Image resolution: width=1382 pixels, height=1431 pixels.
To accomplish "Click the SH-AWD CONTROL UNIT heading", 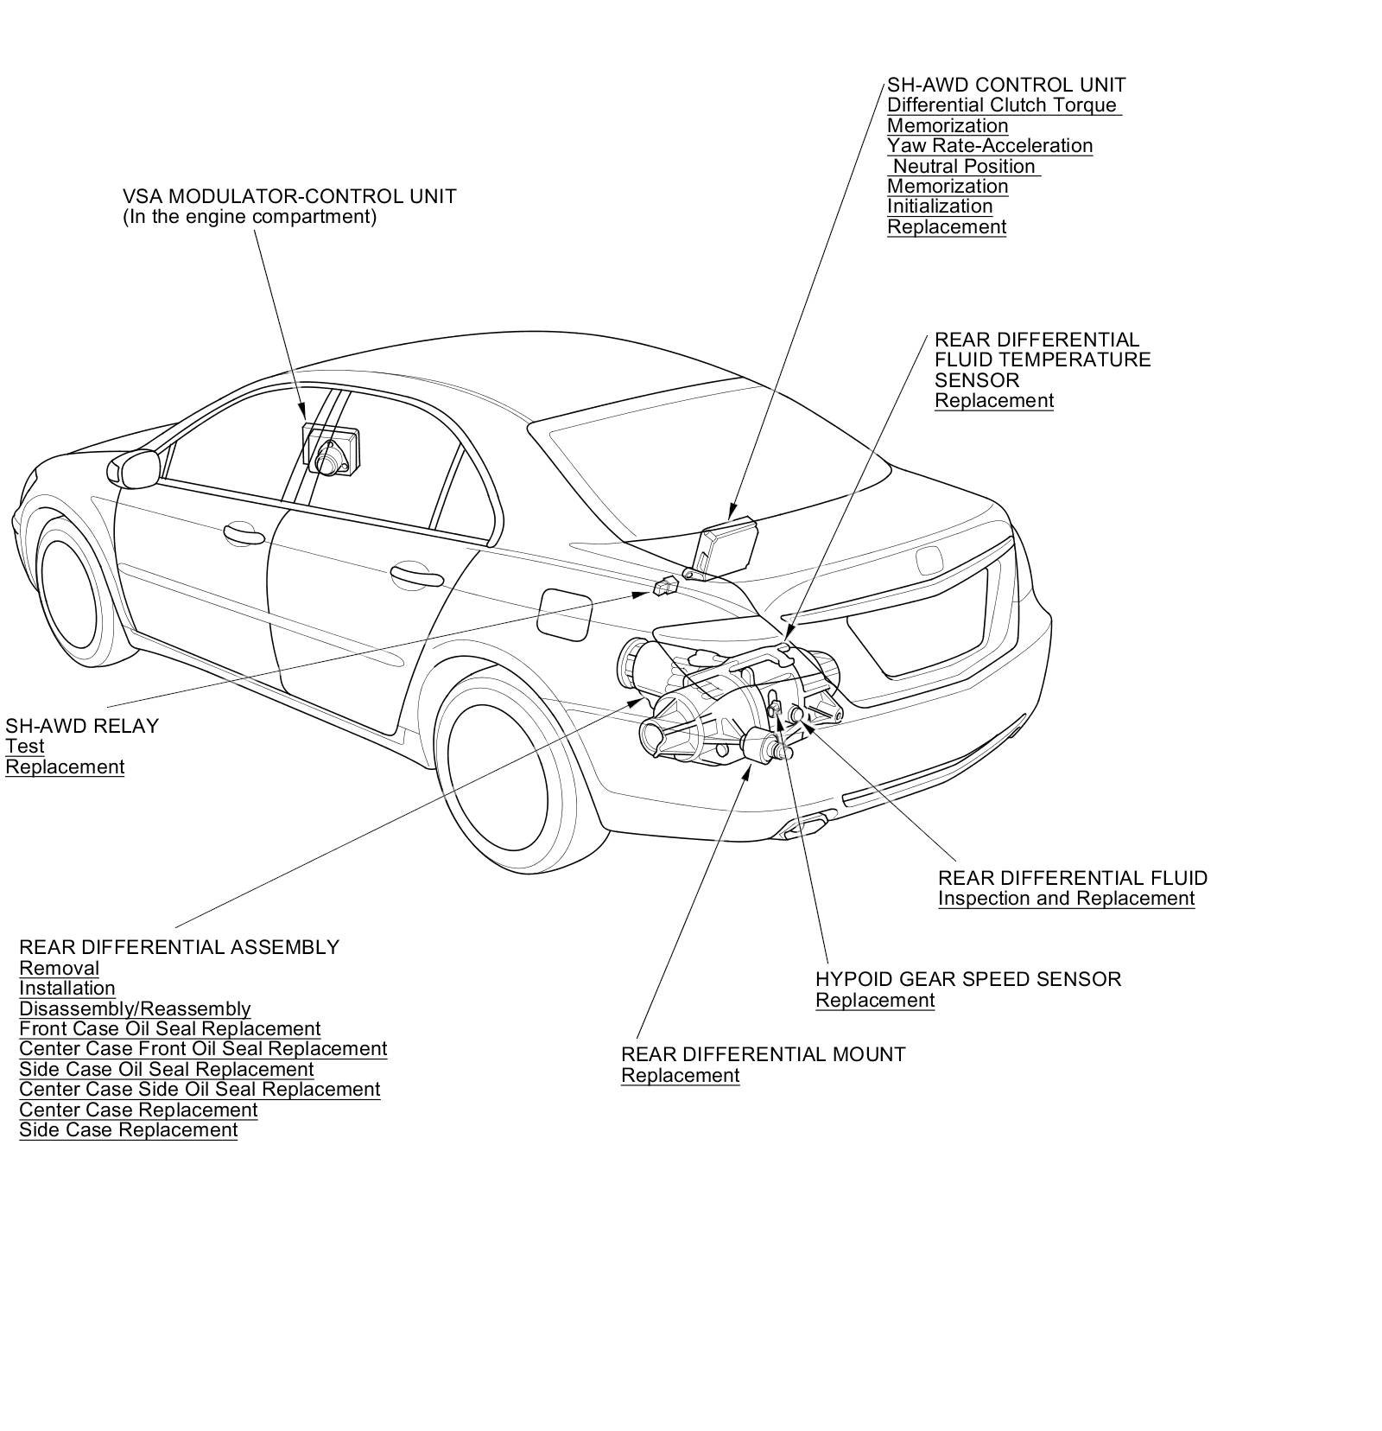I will [1006, 85].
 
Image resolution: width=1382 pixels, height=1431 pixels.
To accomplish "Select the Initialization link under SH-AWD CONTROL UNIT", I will [940, 207].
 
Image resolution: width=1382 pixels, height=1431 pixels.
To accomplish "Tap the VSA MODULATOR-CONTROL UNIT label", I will [288, 196].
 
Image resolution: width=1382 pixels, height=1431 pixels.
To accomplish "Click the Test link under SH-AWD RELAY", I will [24, 747].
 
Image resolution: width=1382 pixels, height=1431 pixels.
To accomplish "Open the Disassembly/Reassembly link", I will [135, 1008].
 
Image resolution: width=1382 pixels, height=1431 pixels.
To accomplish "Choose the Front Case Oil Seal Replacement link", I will [169, 1028].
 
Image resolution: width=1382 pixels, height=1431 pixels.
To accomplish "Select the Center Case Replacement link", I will [138, 1110].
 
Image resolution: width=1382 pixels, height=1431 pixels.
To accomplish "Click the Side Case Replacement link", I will [128, 1129].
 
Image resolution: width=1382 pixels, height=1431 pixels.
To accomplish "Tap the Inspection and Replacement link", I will [1066, 899].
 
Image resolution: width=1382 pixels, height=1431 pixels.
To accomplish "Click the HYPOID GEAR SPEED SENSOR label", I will [967, 979].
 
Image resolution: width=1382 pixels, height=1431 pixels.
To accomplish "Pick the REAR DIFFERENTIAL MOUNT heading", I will [763, 1054].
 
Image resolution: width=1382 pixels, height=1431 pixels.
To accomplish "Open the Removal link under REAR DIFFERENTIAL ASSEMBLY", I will [59, 968].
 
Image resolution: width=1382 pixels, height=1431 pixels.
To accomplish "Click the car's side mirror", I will [134, 467].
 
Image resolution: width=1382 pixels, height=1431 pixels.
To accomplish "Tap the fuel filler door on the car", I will [564, 613].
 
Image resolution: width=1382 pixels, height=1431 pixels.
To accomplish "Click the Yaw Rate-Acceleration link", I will [990, 146].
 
